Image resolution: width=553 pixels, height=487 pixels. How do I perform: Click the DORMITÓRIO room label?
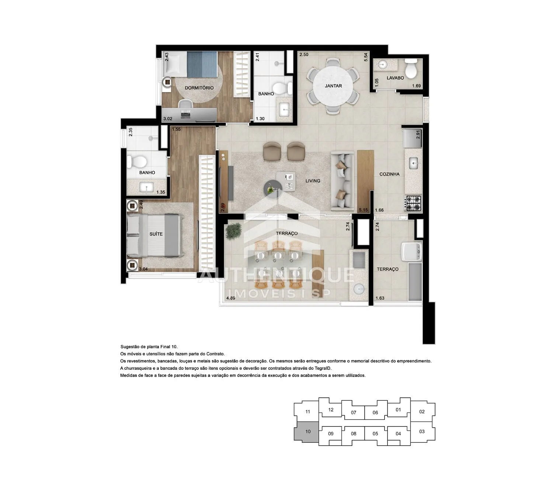tap(199, 88)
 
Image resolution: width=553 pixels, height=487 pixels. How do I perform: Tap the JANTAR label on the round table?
tap(333, 86)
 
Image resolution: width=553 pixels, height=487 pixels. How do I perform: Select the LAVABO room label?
tap(395, 78)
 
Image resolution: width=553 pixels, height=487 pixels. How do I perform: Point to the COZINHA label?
tap(389, 174)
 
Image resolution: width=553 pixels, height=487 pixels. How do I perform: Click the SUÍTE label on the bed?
tap(156, 234)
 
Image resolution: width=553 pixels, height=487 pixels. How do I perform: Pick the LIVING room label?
tap(313, 181)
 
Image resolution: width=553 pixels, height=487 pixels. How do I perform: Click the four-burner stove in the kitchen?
tap(414, 203)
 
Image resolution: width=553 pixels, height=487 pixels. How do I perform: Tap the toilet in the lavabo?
tap(411, 68)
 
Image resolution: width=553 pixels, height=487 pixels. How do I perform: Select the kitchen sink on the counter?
tap(414, 163)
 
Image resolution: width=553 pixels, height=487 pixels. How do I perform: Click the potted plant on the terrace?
tap(233, 231)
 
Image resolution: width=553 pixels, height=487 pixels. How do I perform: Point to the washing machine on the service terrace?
tap(411, 251)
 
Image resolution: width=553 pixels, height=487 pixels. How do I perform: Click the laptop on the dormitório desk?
tap(185, 114)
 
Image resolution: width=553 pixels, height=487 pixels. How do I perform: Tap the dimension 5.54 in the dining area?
tap(366, 57)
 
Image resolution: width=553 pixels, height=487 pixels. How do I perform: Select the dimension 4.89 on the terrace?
tap(231, 298)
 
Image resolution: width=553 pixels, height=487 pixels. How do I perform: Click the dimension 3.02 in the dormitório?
tap(168, 119)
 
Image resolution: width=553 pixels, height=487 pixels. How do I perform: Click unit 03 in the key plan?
tap(422, 432)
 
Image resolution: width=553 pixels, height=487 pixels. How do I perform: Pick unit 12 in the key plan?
tap(331, 410)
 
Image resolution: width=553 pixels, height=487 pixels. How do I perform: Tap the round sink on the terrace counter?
tap(358, 289)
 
